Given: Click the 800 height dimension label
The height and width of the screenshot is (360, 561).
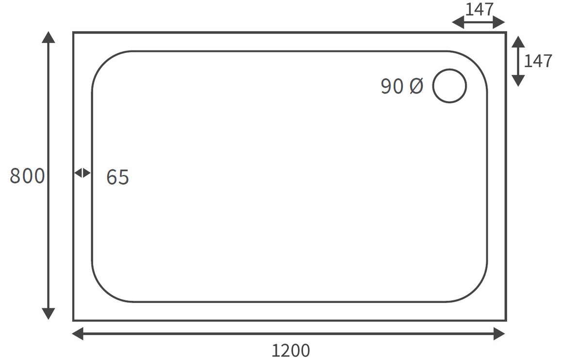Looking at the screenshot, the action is tap(27, 176).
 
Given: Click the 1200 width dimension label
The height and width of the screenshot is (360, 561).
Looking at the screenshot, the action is tap(291, 350).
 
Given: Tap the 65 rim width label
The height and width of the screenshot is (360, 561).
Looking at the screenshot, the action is tap(118, 177).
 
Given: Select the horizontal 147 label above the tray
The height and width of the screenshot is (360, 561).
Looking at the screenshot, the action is tap(479, 9).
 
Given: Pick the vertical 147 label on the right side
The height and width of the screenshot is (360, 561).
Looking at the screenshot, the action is tap(538, 61).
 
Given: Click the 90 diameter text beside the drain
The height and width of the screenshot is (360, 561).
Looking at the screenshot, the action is tap(393, 86).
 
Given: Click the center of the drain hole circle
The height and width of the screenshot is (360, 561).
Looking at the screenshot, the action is tap(449, 86).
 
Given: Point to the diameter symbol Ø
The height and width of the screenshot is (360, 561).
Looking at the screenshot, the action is tap(416, 86).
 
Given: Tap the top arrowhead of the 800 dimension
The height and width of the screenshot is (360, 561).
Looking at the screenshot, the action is tap(49, 37).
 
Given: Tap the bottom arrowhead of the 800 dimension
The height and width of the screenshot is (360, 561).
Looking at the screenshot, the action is tap(49, 314).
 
